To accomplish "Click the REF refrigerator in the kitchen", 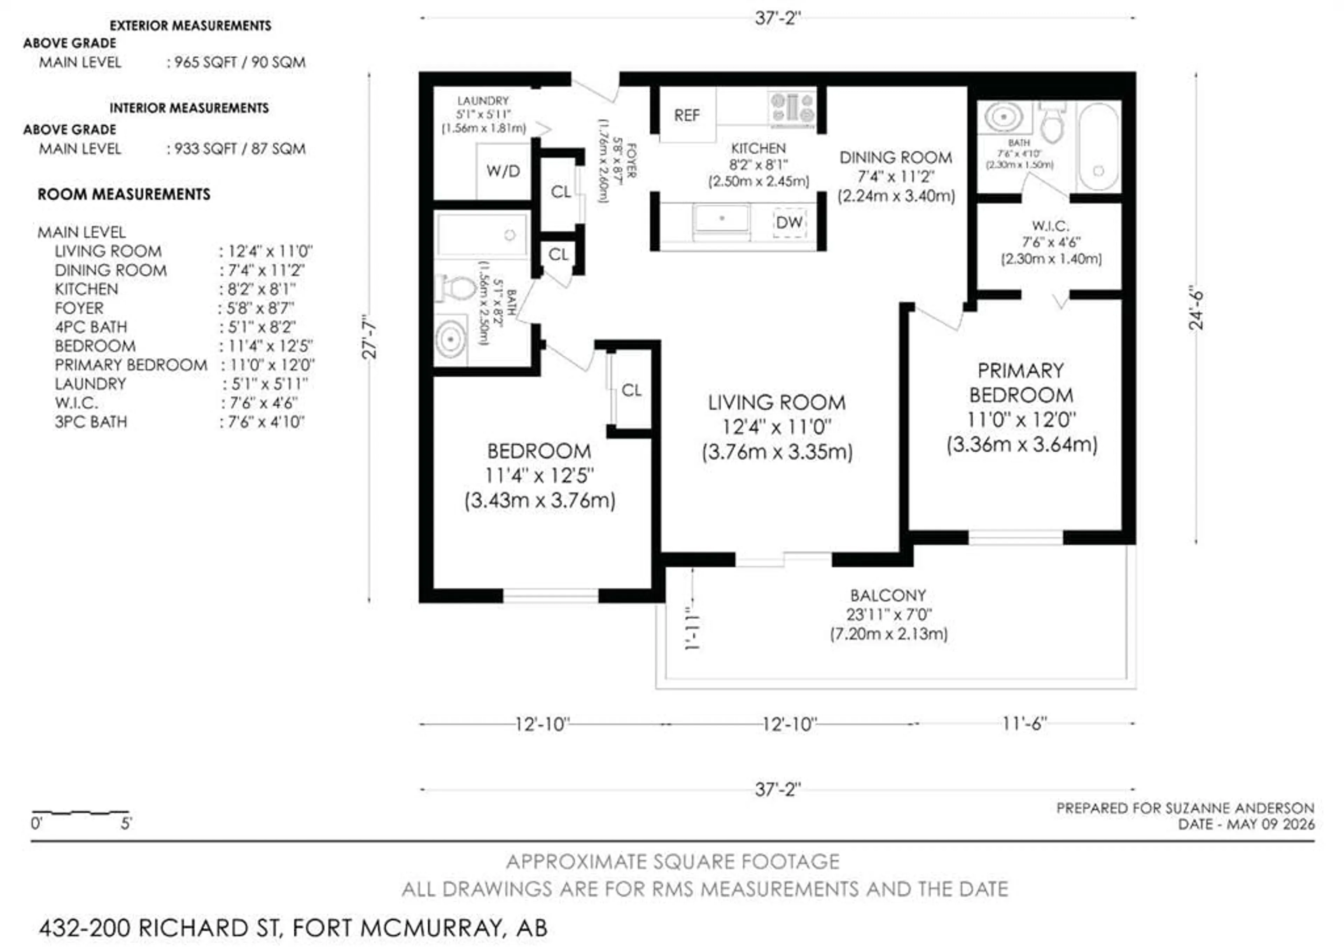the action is pyautogui.click(x=687, y=115).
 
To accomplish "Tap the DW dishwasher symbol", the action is pyautogui.click(x=789, y=223).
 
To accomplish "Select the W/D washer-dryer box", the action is pyautogui.click(x=503, y=171).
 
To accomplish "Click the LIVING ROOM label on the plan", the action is pyautogui.click(x=777, y=403).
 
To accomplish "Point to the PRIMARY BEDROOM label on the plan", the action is pyautogui.click(x=1021, y=383).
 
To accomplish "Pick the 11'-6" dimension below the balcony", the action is pyautogui.click(x=1024, y=724).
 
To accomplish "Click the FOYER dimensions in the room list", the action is pyautogui.click(x=260, y=308).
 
